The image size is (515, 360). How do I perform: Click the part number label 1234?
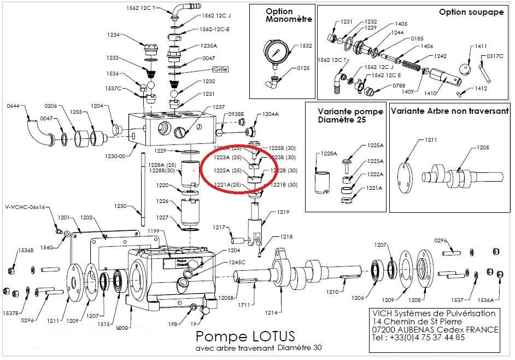(113, 35)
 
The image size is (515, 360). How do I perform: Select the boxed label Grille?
(220, 69)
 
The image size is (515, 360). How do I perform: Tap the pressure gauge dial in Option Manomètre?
(278, 55)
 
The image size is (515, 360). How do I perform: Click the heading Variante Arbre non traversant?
(447, 111)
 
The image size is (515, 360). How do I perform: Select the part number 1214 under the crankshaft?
(272, 312)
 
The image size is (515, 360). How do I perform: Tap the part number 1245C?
(236, 262)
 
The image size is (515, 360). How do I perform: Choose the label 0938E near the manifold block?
(236, 114)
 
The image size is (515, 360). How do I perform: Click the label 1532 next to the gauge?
(306, 46)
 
